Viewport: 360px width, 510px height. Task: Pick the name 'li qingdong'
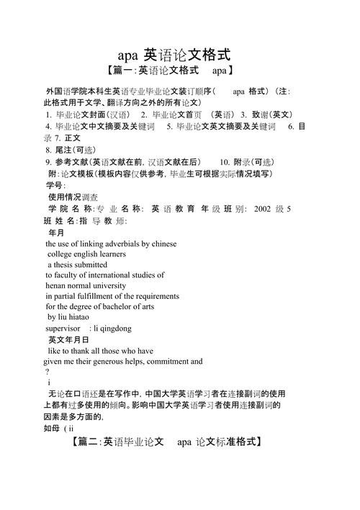pos(112,328)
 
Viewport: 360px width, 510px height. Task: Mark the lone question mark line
pos(47,372)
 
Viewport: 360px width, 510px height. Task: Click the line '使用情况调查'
pos(73,196)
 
